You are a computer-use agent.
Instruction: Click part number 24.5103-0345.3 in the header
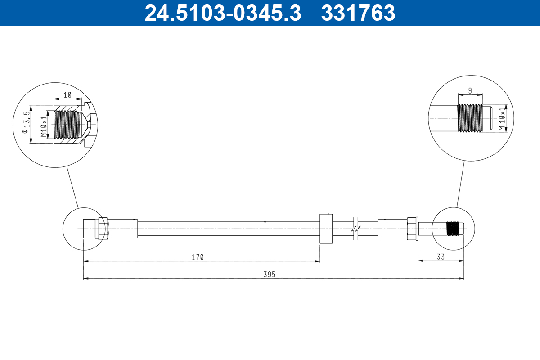click(x=222, y=13)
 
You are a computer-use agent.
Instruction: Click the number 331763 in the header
click(x=358, y=13)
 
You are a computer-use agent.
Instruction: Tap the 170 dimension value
click(x=197, y=257)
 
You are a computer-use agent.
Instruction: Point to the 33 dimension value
click(x=441, y=257)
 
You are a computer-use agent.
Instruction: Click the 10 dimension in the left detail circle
click(x=67, y=95)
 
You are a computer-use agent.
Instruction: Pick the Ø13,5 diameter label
click(x=27, y=125)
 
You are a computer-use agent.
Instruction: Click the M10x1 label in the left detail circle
click(x=44, y=126)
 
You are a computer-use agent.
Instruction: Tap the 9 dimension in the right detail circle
click(x=470, y=91)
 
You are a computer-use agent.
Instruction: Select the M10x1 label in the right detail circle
click(x=502, y=119)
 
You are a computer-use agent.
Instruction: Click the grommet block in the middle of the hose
click(x=326, y=229)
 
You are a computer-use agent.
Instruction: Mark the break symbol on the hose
click(x=355, y=229)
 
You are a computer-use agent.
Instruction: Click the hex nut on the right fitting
click(x=412, y=229)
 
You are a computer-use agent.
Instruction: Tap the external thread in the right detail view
click(x=469, y=119)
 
